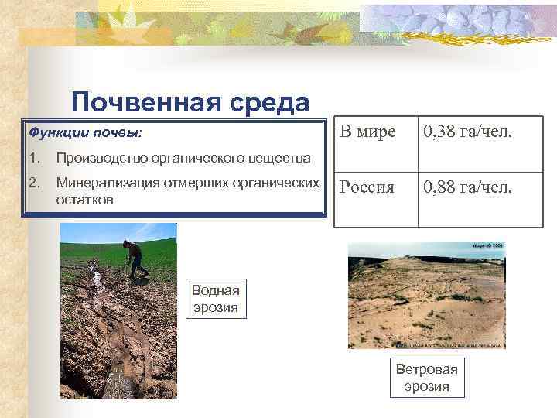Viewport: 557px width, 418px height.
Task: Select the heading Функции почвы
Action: coord(85,132)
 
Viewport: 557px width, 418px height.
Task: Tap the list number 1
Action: coord(33,159)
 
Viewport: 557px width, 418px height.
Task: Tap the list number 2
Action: coord(33,183)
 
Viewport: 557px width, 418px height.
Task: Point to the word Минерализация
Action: coord(108,183)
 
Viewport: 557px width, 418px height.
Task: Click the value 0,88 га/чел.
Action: coord(466,187)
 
